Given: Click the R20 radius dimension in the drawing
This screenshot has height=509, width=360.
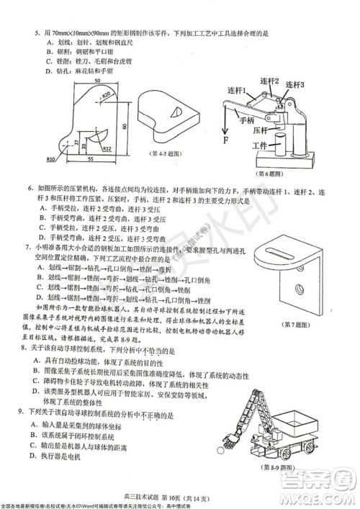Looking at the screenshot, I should pyautogui.click(x=106, y=95).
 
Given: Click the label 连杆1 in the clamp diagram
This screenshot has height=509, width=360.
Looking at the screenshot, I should pyautogui.click(x=238, y=91).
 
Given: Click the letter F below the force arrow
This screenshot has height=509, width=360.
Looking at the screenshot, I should pyautogui.click(x=225, y=140).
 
